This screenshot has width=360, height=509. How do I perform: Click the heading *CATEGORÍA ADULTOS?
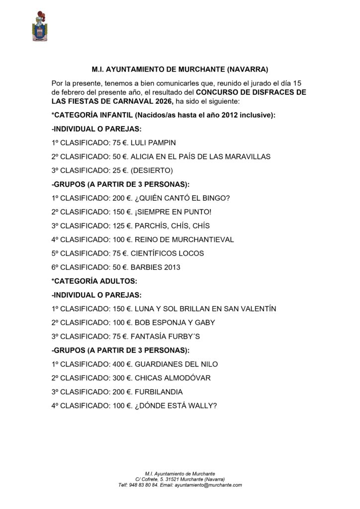pyautogui.click(x=94, y=281)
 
